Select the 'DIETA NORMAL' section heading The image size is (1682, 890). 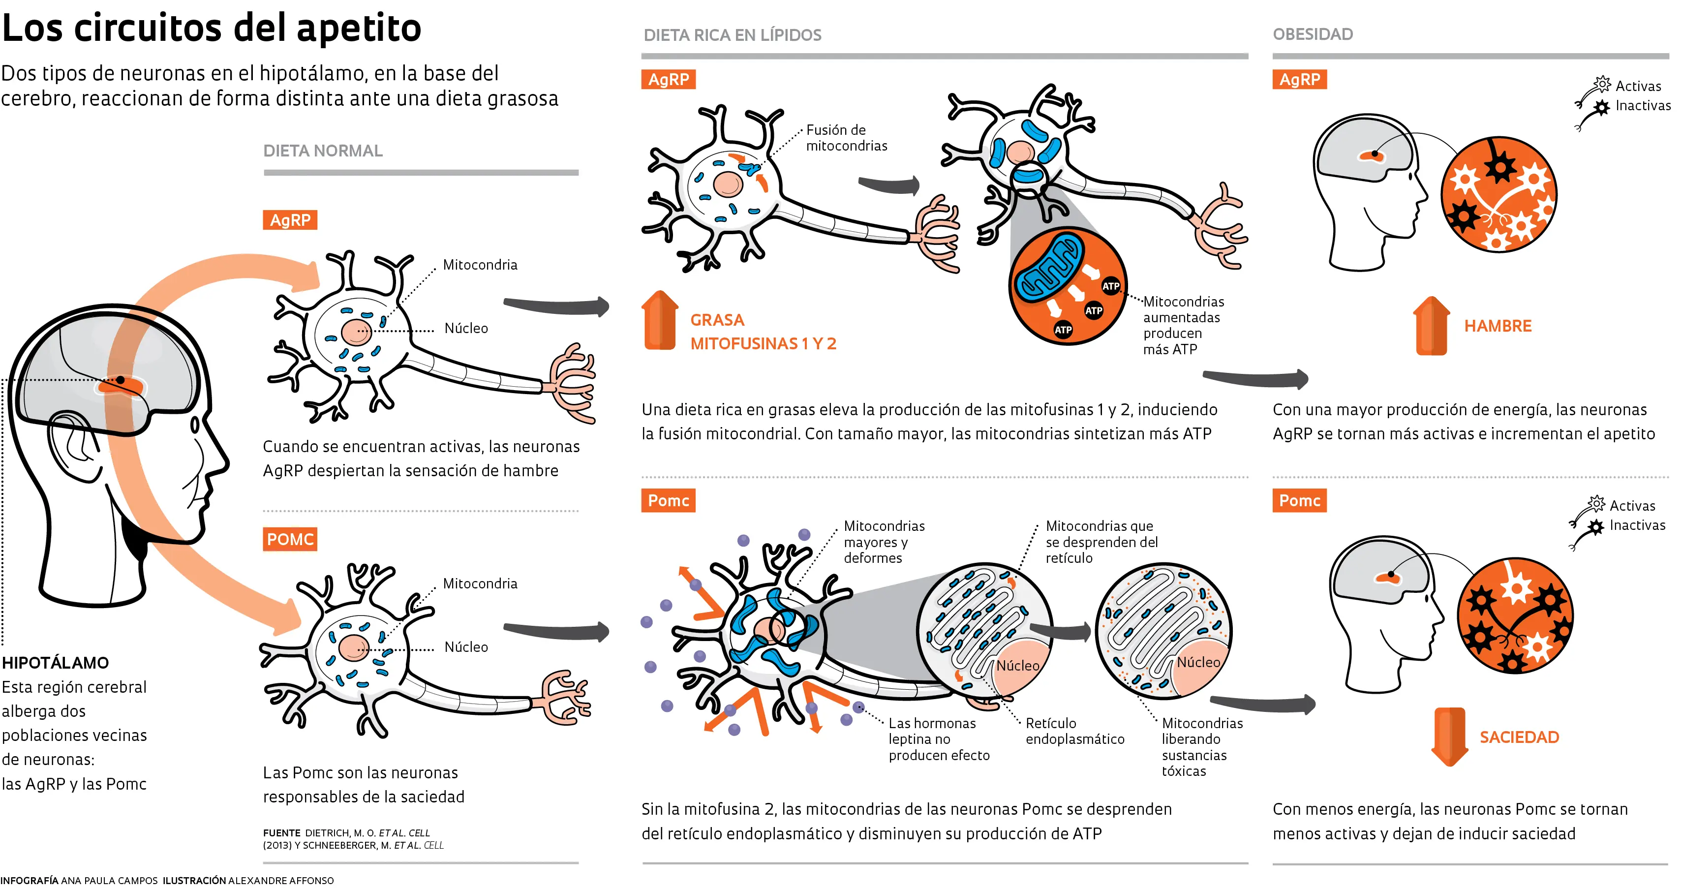(323, 151)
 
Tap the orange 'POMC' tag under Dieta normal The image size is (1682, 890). (290, 539)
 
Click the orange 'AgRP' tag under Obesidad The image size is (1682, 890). (1299, 80)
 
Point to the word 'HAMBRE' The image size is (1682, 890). (1497, 326)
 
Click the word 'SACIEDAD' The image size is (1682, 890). (1519, 737)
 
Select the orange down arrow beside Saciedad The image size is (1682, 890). (1449, 736)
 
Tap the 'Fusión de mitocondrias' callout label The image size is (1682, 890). (846, 138)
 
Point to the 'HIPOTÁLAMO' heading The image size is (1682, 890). (56, 663)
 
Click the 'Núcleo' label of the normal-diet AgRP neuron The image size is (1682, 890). (465, 328)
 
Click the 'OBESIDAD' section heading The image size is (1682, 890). (1313, 34)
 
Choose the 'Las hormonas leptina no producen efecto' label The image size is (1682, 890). (938, 738)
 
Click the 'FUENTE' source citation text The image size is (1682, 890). (353, 838)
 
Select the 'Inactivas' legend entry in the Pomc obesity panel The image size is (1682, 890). (1636, 525)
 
